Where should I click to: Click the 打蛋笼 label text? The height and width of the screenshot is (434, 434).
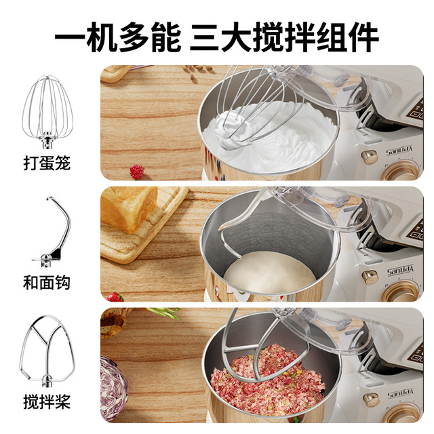coord(47,163)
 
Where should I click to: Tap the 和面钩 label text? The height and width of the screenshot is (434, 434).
coord(47,282)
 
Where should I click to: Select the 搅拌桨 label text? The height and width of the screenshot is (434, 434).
coord(47,402)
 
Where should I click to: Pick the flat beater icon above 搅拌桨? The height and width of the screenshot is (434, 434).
coord(47,351)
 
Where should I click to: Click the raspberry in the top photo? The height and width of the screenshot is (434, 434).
coord(137,172)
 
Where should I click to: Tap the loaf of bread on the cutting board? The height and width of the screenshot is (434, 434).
coord(129,209)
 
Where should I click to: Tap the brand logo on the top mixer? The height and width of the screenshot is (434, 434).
coord(399,151)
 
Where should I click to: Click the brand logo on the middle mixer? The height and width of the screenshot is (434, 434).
coord(400,269)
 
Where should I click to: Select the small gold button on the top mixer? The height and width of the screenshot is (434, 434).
coord(370,157)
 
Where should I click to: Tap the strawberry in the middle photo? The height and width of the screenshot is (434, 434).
coord(115,297)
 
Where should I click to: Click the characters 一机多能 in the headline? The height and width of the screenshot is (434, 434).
coord(118,37)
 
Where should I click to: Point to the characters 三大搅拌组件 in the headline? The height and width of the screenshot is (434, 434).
coord(284,37)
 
